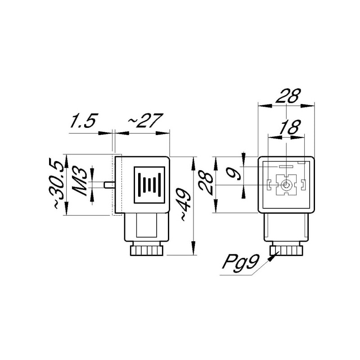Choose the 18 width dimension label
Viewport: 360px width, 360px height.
[x=288, y=128]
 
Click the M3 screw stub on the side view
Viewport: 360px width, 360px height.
[x=108, y=184]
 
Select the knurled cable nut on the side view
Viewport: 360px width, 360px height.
[x=145, y=250]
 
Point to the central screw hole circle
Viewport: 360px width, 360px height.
[x=286, y=185]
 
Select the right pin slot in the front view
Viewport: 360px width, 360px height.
[x=303, y=184]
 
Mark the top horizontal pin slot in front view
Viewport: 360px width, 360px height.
[x=286, y=167]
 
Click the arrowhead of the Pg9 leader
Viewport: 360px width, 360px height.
[x=274, y=257]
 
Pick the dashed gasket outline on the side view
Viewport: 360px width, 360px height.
[x=113, y=184]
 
